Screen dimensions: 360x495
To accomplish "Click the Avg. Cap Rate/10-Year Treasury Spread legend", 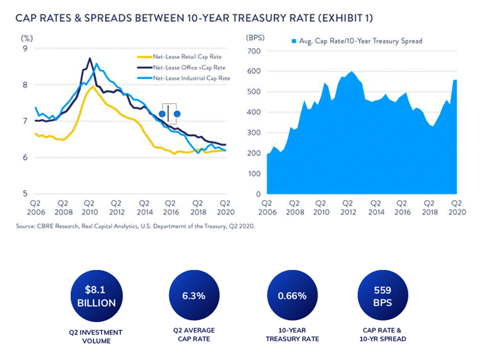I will pyautogui.click(x=357, y=41).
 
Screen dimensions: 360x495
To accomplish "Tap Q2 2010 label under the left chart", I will pyautogui.click(x=89, y=207).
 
